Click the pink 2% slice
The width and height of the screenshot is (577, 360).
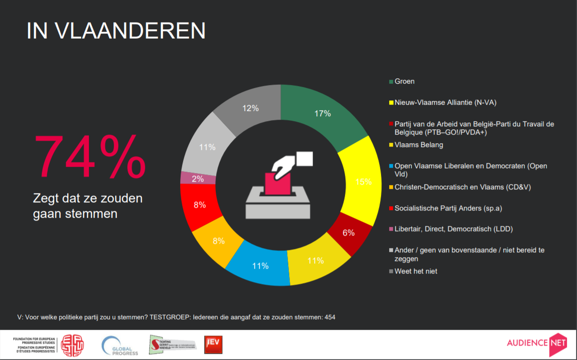coord(197,178)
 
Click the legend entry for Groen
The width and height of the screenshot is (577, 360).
coord(404,81)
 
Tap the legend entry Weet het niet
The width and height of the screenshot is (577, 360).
coord(416,271)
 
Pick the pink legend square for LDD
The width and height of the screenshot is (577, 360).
coord(391,229)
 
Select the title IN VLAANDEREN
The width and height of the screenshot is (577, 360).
coord(116,31)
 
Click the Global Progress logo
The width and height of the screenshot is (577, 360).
coord(120,346)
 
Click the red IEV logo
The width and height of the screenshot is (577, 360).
coord(213,345)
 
